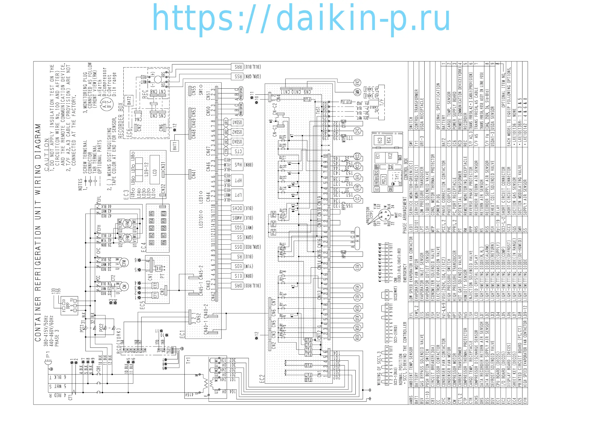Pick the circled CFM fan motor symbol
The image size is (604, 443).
(124, 262)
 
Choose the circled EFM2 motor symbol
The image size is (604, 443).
(128, 223)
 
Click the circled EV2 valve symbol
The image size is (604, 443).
(357, 83)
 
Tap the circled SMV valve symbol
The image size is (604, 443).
(357, 92)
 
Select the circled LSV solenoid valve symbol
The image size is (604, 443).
(357, 267)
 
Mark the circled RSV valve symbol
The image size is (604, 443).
(357, 338)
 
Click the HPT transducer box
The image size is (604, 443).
(238, 180)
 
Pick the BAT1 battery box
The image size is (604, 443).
(175, 146)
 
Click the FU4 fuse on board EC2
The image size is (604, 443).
(307, 99)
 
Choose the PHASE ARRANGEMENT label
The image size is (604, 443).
(405, 215)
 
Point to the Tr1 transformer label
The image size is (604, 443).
(188, 360)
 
